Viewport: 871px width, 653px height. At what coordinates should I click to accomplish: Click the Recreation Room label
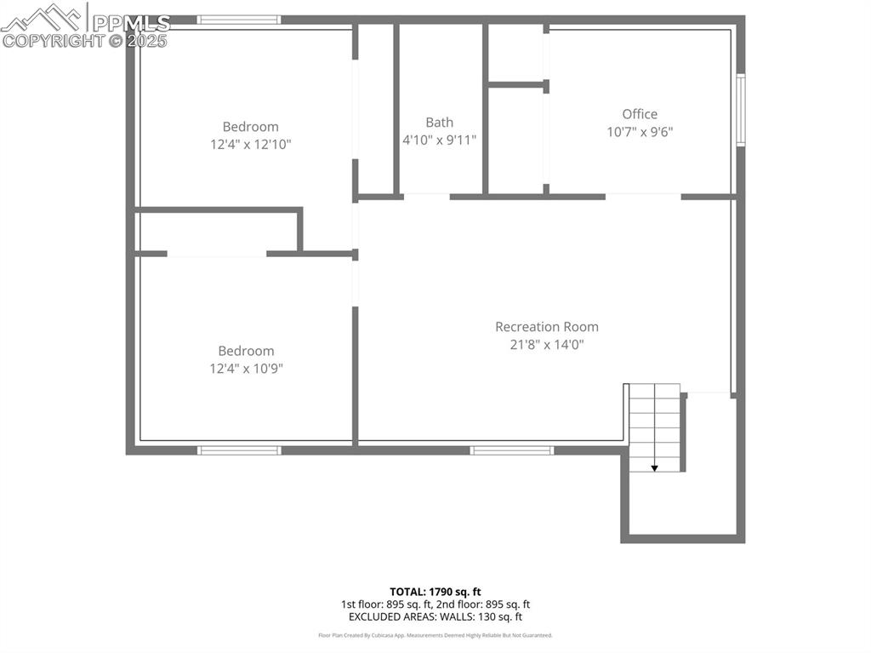coord(547,327)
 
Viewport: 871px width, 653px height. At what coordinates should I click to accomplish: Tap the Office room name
coord(640,114)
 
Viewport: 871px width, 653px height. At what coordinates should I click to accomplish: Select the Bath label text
coord(440,123)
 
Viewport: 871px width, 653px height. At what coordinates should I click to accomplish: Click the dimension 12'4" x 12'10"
coord(251,145)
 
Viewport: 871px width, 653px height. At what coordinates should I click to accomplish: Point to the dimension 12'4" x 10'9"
coord(247,369)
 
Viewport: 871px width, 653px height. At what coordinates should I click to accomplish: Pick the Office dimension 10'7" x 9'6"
coord(640,132)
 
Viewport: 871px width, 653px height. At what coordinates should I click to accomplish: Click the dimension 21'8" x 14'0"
coord(547,345)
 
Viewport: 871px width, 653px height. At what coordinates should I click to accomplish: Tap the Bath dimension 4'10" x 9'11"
coord(440,140)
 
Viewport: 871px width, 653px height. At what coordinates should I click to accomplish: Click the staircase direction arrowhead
coord(655,467)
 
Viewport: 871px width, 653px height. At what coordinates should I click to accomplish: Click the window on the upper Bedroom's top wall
coord(238,20)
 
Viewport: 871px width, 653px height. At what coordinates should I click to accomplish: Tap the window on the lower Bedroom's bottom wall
coord(238,450)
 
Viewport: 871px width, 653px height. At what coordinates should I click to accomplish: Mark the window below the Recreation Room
coord(512,450)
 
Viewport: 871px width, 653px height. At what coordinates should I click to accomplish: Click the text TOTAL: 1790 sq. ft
coord(435,592)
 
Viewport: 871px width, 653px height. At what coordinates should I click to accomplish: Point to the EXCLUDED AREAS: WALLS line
coord(435,616)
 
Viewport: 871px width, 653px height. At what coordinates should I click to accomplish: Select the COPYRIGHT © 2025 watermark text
coord(85,40)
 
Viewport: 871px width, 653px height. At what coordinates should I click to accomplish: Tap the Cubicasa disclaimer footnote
coord(435,635)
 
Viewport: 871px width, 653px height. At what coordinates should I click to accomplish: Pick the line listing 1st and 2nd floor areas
coord(435,604)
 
